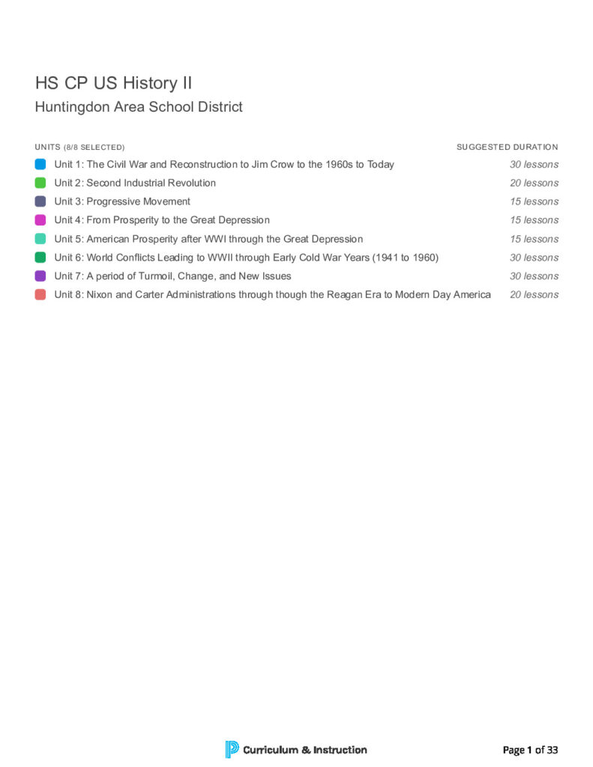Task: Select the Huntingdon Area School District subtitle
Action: point(139,107)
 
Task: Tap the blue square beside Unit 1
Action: point(40,164)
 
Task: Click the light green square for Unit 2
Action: point(40,183)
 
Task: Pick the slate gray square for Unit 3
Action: point(40,201)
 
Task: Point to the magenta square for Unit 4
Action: point(40,220)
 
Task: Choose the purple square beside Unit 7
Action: point(40,276)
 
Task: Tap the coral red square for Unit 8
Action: point(40,294)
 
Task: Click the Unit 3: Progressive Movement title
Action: point(122,201)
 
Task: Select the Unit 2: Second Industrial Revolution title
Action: point(135,183)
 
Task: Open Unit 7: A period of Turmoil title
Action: point(172,276)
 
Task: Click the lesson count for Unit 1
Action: point(534,164)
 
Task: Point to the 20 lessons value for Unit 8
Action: point(534,294)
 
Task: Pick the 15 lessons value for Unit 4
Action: point(534,220)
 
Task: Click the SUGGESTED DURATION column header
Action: point(507,147)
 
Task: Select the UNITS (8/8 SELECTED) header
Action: point(79,147)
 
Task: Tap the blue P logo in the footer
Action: point(232,749)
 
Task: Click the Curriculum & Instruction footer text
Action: point(305,750)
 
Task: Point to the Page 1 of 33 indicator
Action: point(530,750)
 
